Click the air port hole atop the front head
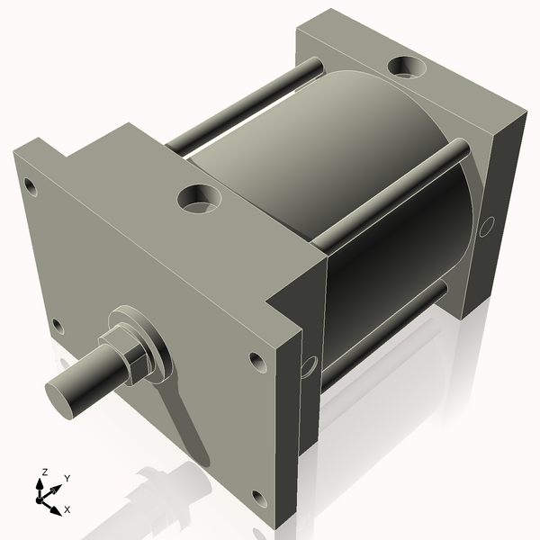196,197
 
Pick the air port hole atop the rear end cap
407,67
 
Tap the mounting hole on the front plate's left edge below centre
58,325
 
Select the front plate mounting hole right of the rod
256,364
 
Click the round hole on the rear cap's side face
486,225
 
